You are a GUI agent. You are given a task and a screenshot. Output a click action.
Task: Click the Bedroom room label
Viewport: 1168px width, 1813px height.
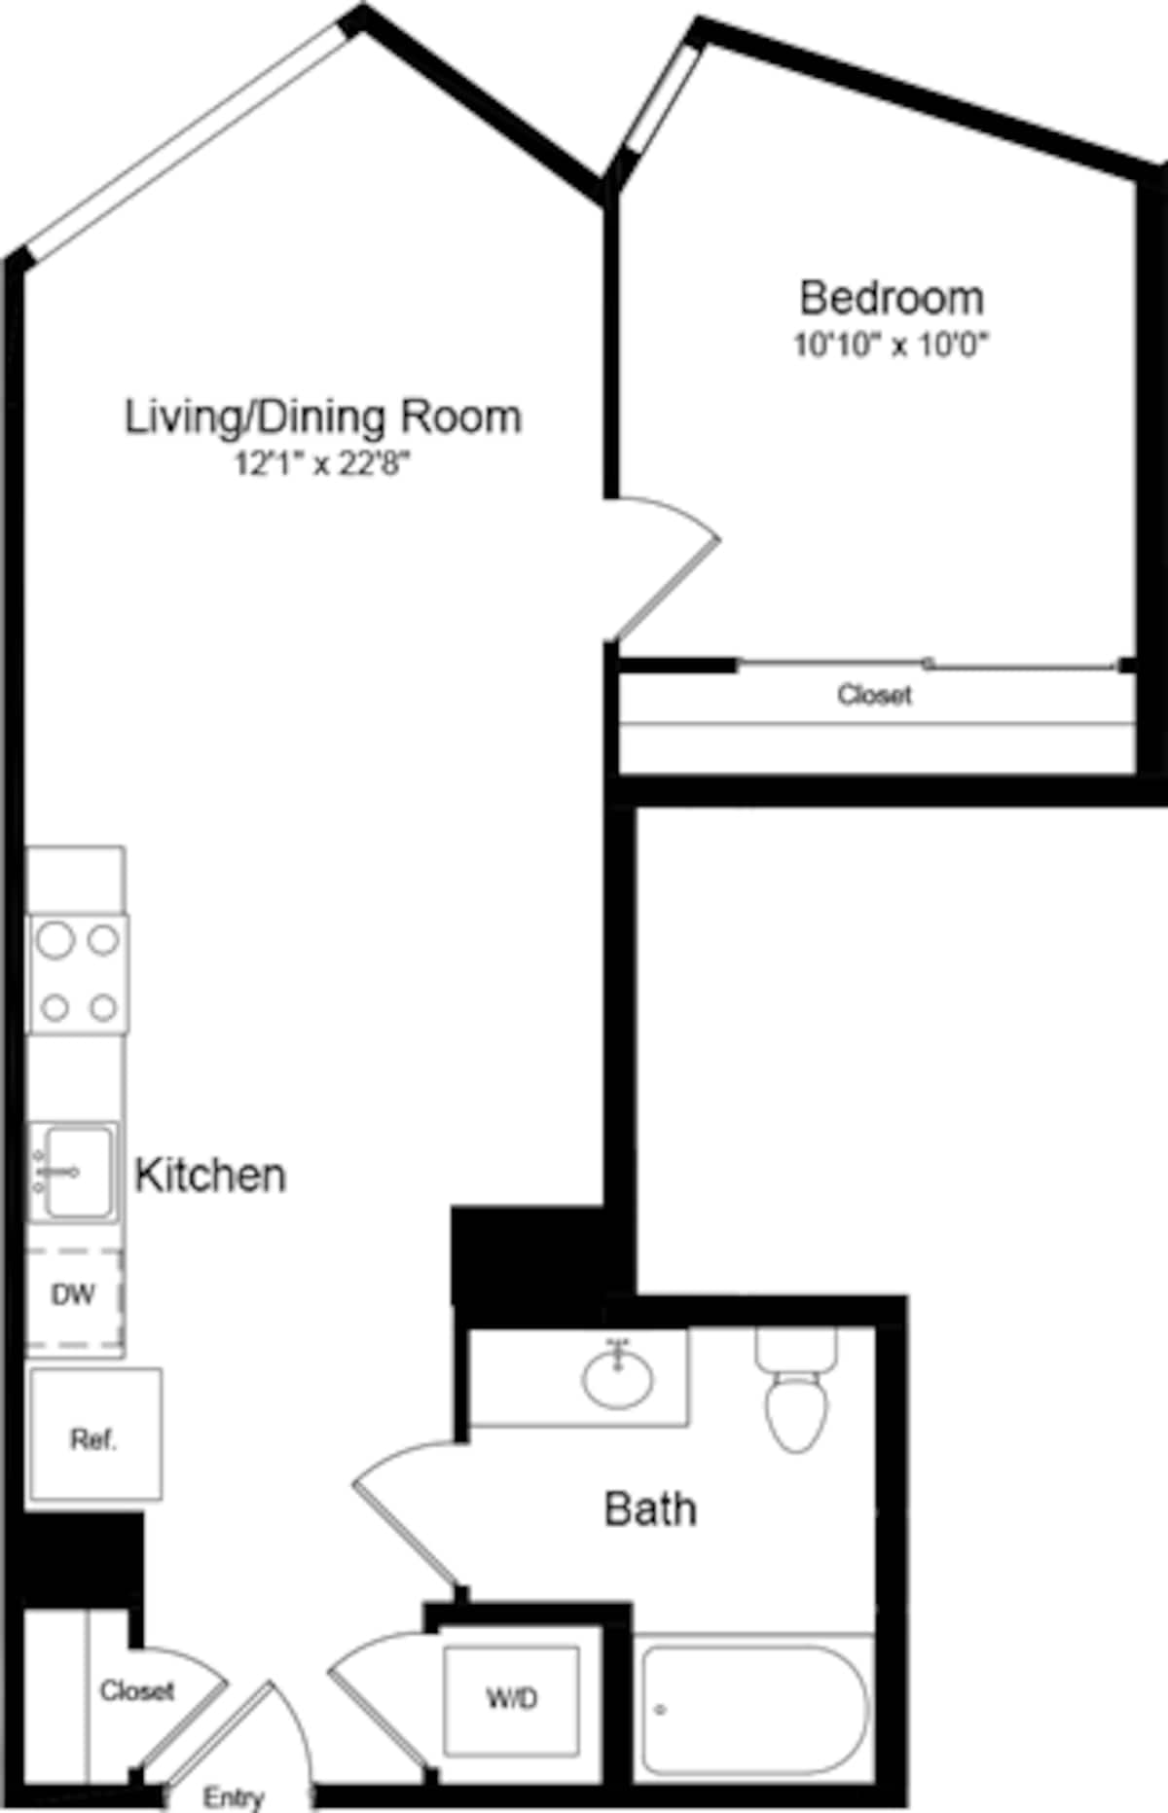[891, 298]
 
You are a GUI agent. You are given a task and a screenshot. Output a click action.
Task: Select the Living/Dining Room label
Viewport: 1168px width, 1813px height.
[323, 417]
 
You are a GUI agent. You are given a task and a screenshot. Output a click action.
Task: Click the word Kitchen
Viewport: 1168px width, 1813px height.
[210, 1176]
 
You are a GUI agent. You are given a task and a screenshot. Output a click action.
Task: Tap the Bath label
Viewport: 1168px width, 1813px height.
[650, 1509]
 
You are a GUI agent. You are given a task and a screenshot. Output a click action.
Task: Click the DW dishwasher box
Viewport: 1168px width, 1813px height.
[73, 1295]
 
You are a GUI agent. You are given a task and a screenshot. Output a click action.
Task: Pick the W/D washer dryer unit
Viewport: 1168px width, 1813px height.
[512, 1699]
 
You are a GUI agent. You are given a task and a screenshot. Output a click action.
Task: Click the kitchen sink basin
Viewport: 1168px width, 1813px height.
[78, 1173]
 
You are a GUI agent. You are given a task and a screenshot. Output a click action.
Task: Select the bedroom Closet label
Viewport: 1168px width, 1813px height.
[874, 695]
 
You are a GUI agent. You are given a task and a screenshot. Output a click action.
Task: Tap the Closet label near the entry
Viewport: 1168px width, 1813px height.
[136, 1690]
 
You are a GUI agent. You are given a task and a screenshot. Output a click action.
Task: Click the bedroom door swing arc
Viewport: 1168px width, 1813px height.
[672, 564]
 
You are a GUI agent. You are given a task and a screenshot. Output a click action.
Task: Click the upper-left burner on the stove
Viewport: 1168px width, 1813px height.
[56, 940]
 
